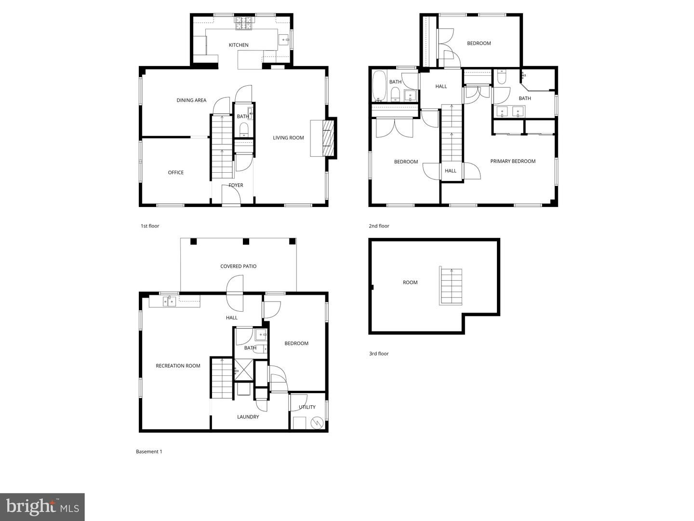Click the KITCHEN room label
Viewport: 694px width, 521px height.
tap(239, 45)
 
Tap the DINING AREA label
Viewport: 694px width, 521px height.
tap(191, 100)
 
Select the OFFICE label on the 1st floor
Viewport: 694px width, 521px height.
tap(176, 172)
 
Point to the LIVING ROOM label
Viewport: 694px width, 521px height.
tap(288, 137)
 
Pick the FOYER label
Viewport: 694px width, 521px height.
tap(236, 185)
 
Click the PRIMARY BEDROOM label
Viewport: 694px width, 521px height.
tap(513, 161)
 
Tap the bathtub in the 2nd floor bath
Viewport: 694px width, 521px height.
tap(379, 86)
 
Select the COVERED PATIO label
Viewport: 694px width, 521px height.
tap(238, 266)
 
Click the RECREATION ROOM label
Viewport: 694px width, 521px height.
tap(178, 366)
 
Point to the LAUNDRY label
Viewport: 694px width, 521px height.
tap(248, 417)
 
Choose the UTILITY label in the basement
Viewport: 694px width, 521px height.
tap(307, 407)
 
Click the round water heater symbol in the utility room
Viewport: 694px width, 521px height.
tap(317, 423)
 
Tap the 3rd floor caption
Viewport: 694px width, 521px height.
tap(379, 354)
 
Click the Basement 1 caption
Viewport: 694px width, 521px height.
tap(149, 452)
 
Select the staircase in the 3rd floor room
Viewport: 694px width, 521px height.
tap(451, 286)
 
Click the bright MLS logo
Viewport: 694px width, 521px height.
tap(42, 507)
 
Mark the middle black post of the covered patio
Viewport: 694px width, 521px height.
tap(246, 242)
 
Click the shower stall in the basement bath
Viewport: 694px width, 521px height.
tap(243, 370)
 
